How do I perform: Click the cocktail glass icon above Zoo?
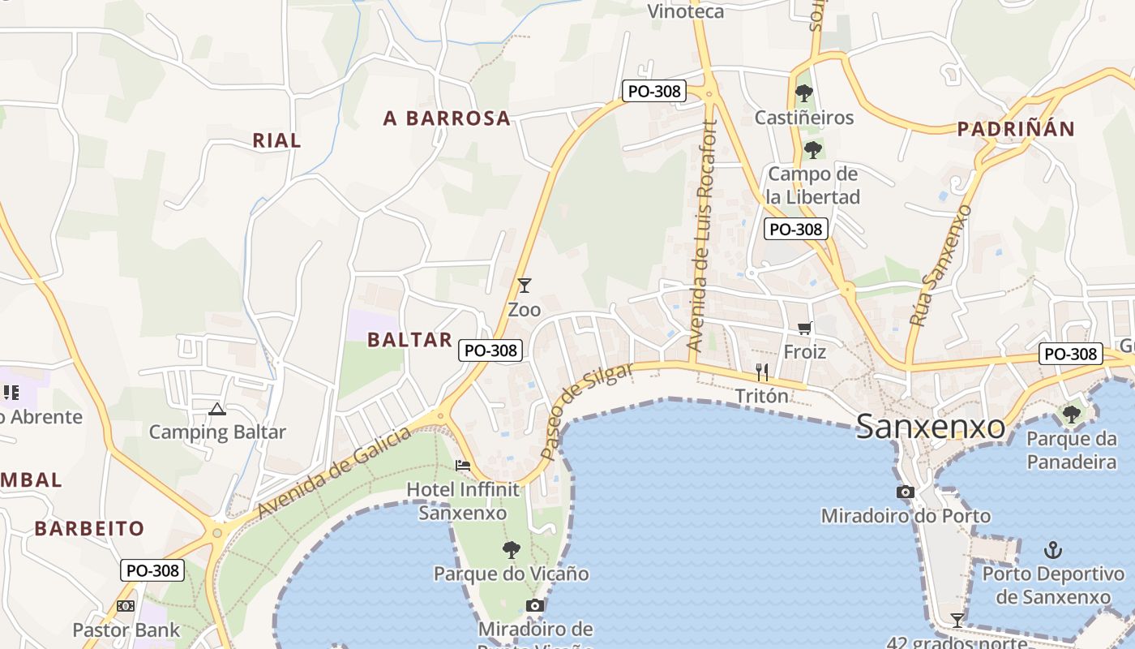525,286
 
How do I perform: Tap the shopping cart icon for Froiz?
804,329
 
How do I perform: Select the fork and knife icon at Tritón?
761,372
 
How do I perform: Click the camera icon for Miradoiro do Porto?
906,492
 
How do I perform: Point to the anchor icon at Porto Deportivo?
1052,550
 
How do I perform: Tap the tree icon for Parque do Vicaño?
511,550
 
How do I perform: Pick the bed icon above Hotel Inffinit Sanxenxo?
463,465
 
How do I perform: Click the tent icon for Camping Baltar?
216,408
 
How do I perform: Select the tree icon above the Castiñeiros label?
803,93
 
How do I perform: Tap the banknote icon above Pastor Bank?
126,606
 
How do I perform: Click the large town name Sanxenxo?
931,426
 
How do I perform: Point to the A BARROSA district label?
447,118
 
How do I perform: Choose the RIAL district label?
276,140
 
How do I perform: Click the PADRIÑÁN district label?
1016,129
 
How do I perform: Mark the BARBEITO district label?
89,529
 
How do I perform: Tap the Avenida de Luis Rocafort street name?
703,235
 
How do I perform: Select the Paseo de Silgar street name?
586,412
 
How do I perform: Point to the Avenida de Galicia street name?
335,473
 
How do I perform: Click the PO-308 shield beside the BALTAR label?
490,350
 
